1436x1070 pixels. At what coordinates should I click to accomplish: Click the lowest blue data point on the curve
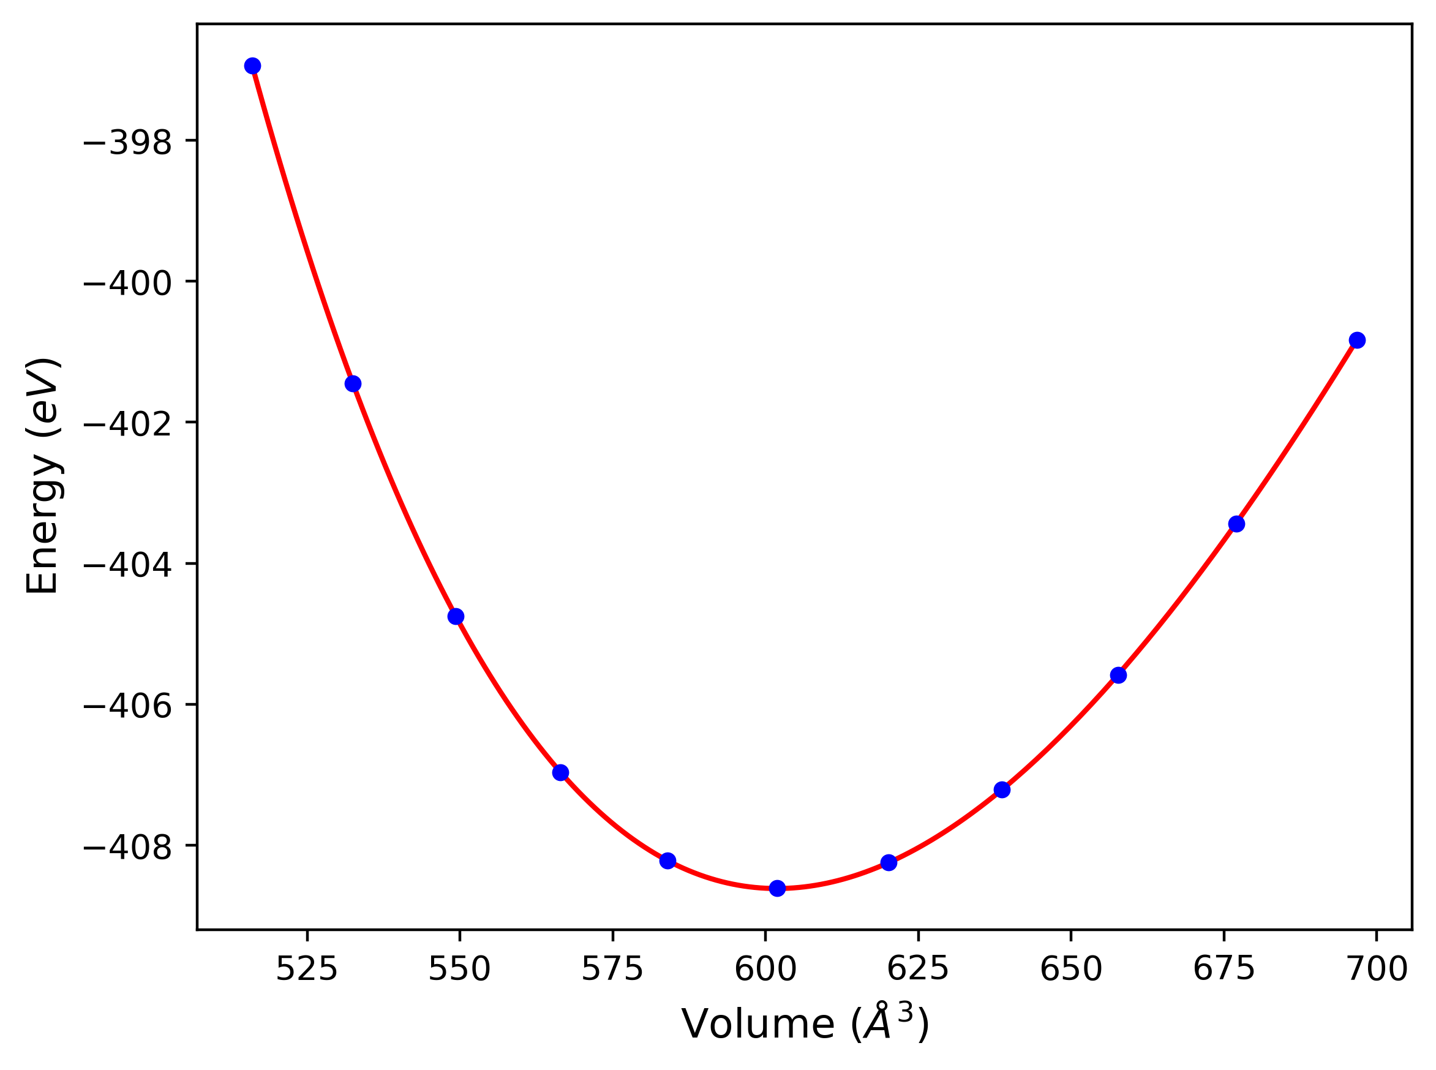[777, 888]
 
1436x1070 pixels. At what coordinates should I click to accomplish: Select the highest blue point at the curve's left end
[252, 66]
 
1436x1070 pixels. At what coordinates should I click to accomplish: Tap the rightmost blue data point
[1357, 340]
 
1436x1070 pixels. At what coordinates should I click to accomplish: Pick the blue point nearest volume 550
[456, 616]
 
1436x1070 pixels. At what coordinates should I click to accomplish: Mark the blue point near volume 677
[1236, 524]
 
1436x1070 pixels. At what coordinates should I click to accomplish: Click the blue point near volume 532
[353, 384]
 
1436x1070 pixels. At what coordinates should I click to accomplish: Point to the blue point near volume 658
[1118, 676]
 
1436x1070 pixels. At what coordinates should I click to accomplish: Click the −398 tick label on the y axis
[127, 143]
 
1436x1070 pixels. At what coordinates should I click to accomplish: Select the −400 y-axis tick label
[127, 283]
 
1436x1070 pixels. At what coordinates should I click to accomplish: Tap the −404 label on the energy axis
[127, 565]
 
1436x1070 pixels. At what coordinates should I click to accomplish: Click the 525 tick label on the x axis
[307, 970]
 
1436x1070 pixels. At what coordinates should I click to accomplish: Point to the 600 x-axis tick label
[765, 970]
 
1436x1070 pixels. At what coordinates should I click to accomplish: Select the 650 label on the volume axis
[1071, 970]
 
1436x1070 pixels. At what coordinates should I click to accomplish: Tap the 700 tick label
[1377, 970]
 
